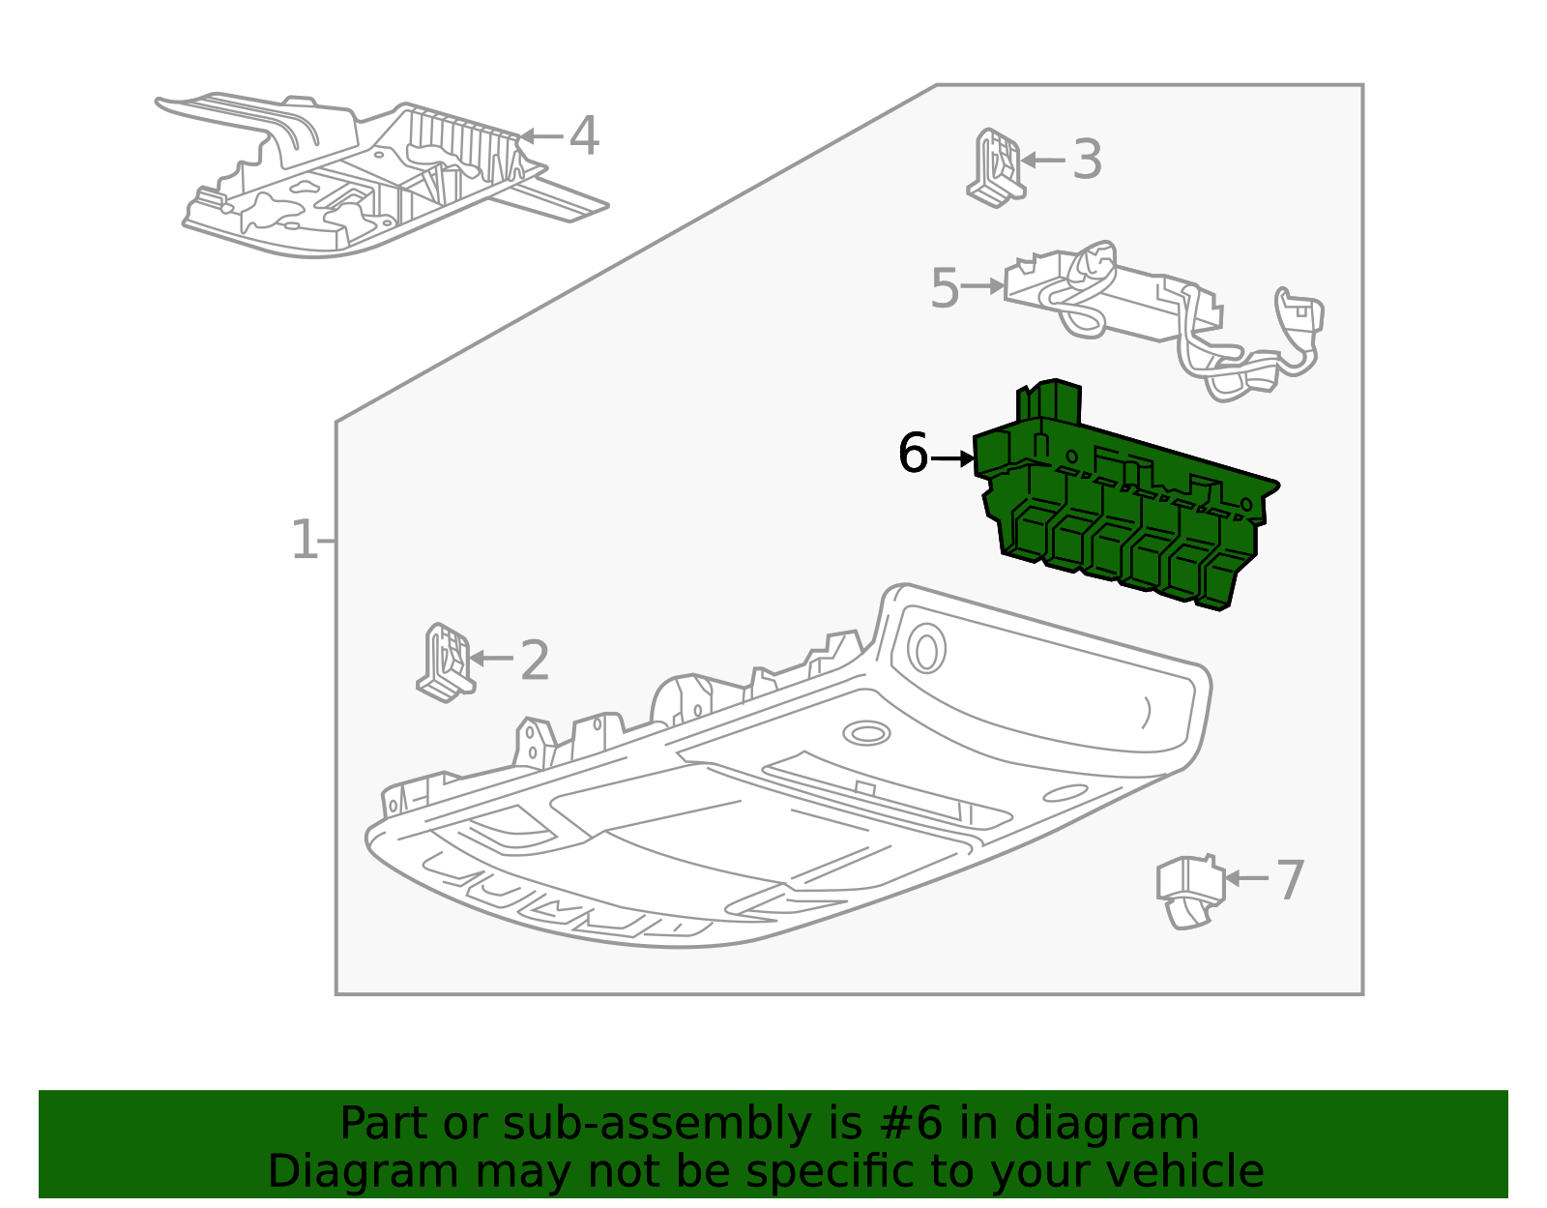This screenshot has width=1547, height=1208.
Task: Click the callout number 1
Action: click(x=304, y=540)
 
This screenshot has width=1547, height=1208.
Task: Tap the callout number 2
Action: click(x=535, y=660)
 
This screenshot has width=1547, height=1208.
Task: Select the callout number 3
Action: click(x=1087, y=160)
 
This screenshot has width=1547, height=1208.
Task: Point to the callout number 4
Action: click(x=584, y=135)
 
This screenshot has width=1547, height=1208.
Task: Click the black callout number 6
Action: click(x=914, y=453)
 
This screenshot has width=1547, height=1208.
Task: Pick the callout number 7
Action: click(x=1290, y=880)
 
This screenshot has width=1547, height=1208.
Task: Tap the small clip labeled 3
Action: click(x=996, y=168)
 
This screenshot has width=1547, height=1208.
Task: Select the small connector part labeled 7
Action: click(x=1190, y=891)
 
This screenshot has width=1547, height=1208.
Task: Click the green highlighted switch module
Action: click(x=1124, y=498)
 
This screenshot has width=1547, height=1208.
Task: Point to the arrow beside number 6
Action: click(x=951, y=458)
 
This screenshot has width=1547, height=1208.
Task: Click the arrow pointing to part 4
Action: click(x=540, y=136)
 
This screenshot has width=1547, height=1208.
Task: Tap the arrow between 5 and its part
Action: click(x=982, y=286)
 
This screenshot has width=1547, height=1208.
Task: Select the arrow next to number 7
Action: click(x=1246, y=878)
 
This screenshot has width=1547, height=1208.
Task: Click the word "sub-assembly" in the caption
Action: click(x=656, y=1124)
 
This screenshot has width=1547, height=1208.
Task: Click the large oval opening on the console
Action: click(x=926, y=649)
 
